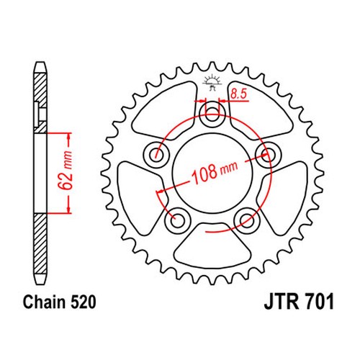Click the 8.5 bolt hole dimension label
(x=238, y=94)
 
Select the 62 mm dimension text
(x=66, y=171)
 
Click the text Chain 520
(x=59, y=302)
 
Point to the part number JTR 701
(x=299, y=302)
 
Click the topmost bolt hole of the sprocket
(x=212, y=114)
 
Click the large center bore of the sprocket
(x=212, y=174)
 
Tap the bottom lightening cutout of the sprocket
(x=212, y=246)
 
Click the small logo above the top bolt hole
(x=212, y=82)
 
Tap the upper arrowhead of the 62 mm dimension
(x=69, y=138)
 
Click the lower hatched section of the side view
(x=40, y=243)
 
